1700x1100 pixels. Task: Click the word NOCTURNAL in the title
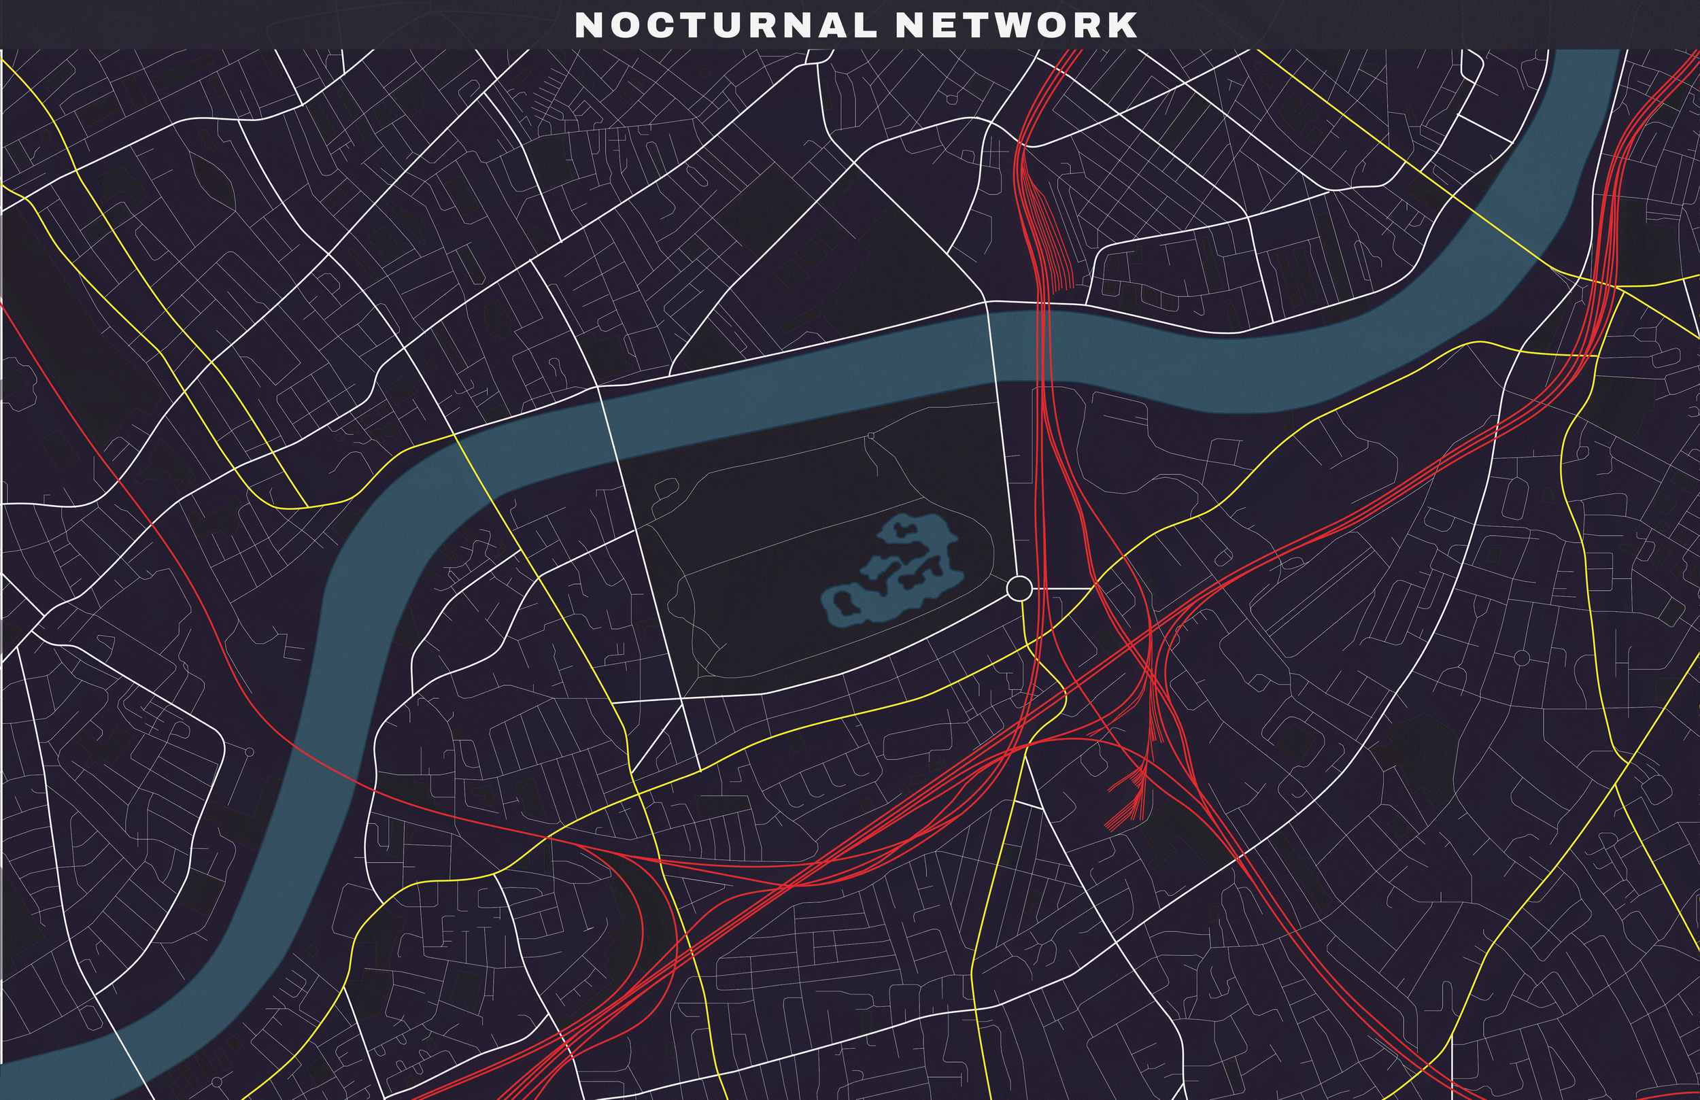[x=725, y=25]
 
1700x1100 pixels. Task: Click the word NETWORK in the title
[x=1016, y=25]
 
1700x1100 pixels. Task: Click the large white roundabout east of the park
[x=1019, y=589]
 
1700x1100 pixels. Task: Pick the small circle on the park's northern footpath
[x=870, y=435]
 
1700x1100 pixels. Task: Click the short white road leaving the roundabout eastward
[x=1064, y=589]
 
